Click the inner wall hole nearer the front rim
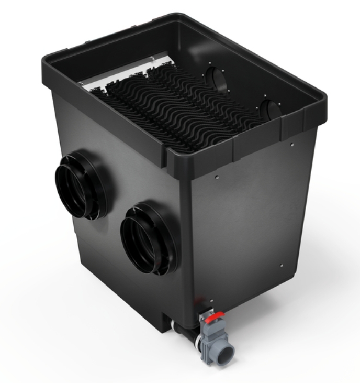[x=272, y=111]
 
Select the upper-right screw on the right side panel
[x=292, y=144]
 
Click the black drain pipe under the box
[x=181, y=327]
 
